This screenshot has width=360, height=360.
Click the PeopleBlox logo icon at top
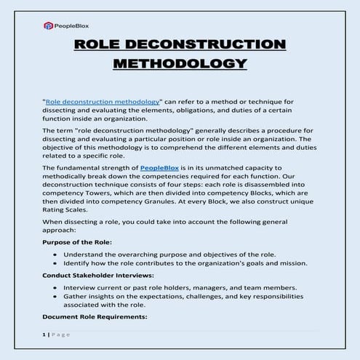[48, 25]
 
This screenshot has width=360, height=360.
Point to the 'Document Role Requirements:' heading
[85, 316]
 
